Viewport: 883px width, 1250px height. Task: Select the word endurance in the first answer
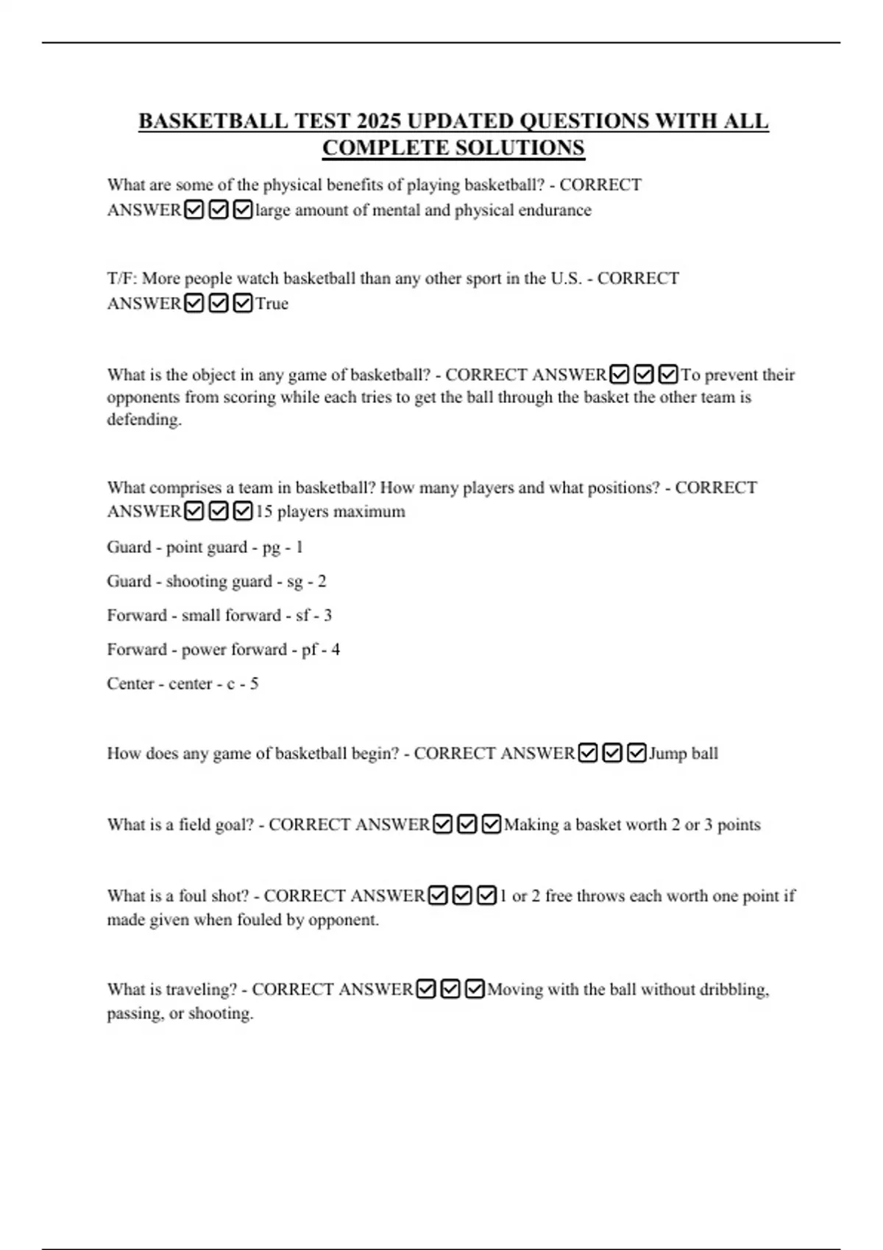coord(555,210)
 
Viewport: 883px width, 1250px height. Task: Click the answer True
coord(272,304)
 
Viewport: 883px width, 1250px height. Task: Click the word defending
coord(144,420)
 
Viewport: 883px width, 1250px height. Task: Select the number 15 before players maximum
coord(263,512)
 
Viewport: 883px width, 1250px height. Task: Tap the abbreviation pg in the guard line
coord(271,548)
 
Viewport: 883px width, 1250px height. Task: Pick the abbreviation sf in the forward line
coord(302,615)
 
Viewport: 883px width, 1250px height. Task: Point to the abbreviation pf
coord(310,650)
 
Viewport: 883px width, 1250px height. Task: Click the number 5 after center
coord(254,684)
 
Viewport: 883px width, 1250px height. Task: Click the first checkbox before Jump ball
coord(587,754)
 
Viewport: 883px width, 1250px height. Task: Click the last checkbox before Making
coord(492,825)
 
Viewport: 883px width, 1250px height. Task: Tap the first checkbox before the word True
coord(194,304)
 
